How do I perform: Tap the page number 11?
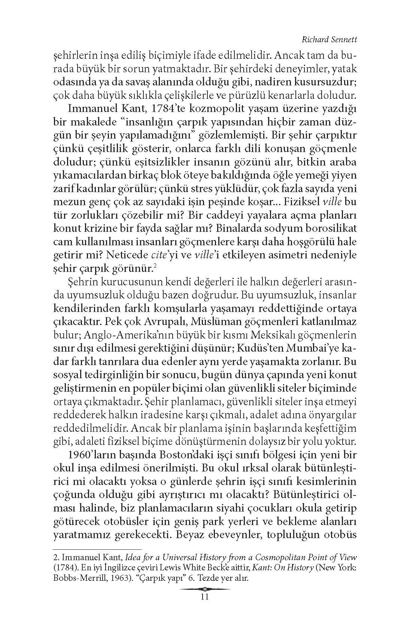[204, 597]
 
